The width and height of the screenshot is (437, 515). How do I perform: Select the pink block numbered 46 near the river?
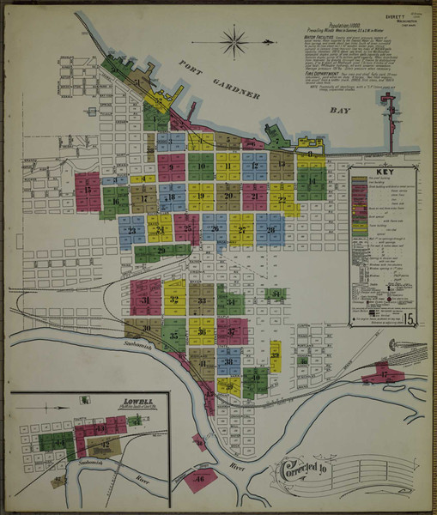[200, 478]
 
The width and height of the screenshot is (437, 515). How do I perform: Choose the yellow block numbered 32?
[174, 300]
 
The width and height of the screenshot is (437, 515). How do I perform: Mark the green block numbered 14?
[311, 182]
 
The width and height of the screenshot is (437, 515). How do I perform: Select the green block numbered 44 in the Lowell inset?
[59, 441]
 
